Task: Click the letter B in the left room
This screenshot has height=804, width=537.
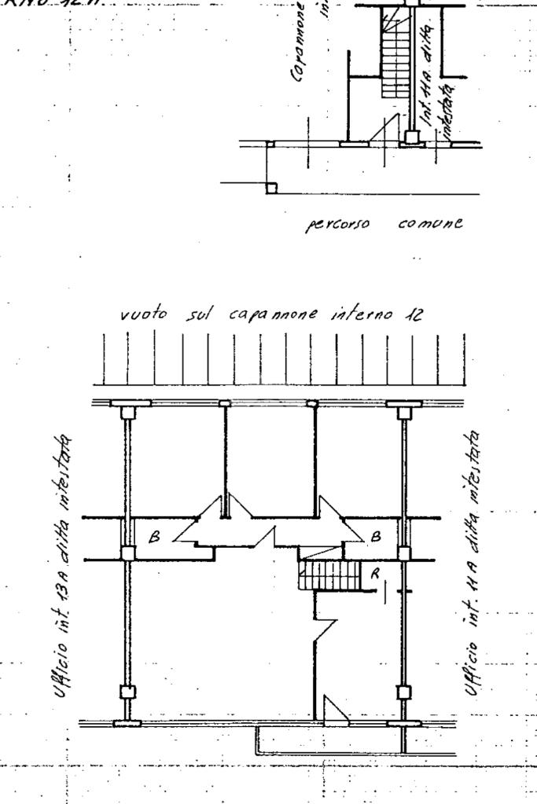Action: [154, 538]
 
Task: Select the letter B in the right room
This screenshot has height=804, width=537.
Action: [376, 538]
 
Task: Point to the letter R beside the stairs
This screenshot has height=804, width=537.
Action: [375, 574]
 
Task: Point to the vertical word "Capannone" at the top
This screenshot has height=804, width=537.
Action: [299, 43]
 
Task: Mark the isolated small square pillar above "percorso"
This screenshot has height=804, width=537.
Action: [271, 188]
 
